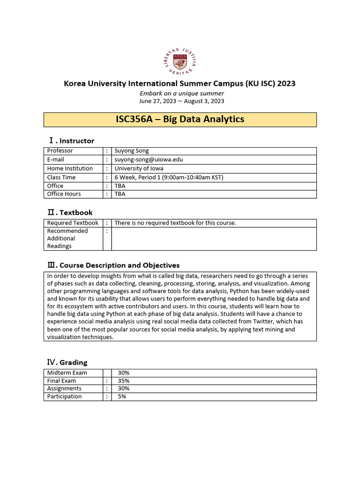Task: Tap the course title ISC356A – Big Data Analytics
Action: (x=180, y=119)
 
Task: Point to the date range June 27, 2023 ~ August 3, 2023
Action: (x=182, y=101)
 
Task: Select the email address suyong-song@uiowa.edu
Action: (x=149, y=159)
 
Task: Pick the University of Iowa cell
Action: (x=139, y=168)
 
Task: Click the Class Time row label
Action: (x=61, y=177)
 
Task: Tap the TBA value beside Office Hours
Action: (x=120, y=194)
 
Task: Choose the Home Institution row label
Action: (x=70, y=168)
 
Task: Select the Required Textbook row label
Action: (x=73, y=223)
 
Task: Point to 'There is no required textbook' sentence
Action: (x=175, y=223)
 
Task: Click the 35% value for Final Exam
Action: (x=124, y=381)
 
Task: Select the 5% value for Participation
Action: (x=122, y=397)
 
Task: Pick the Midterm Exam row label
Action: (x=67, y=373)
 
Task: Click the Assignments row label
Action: (x=64, y=389)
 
